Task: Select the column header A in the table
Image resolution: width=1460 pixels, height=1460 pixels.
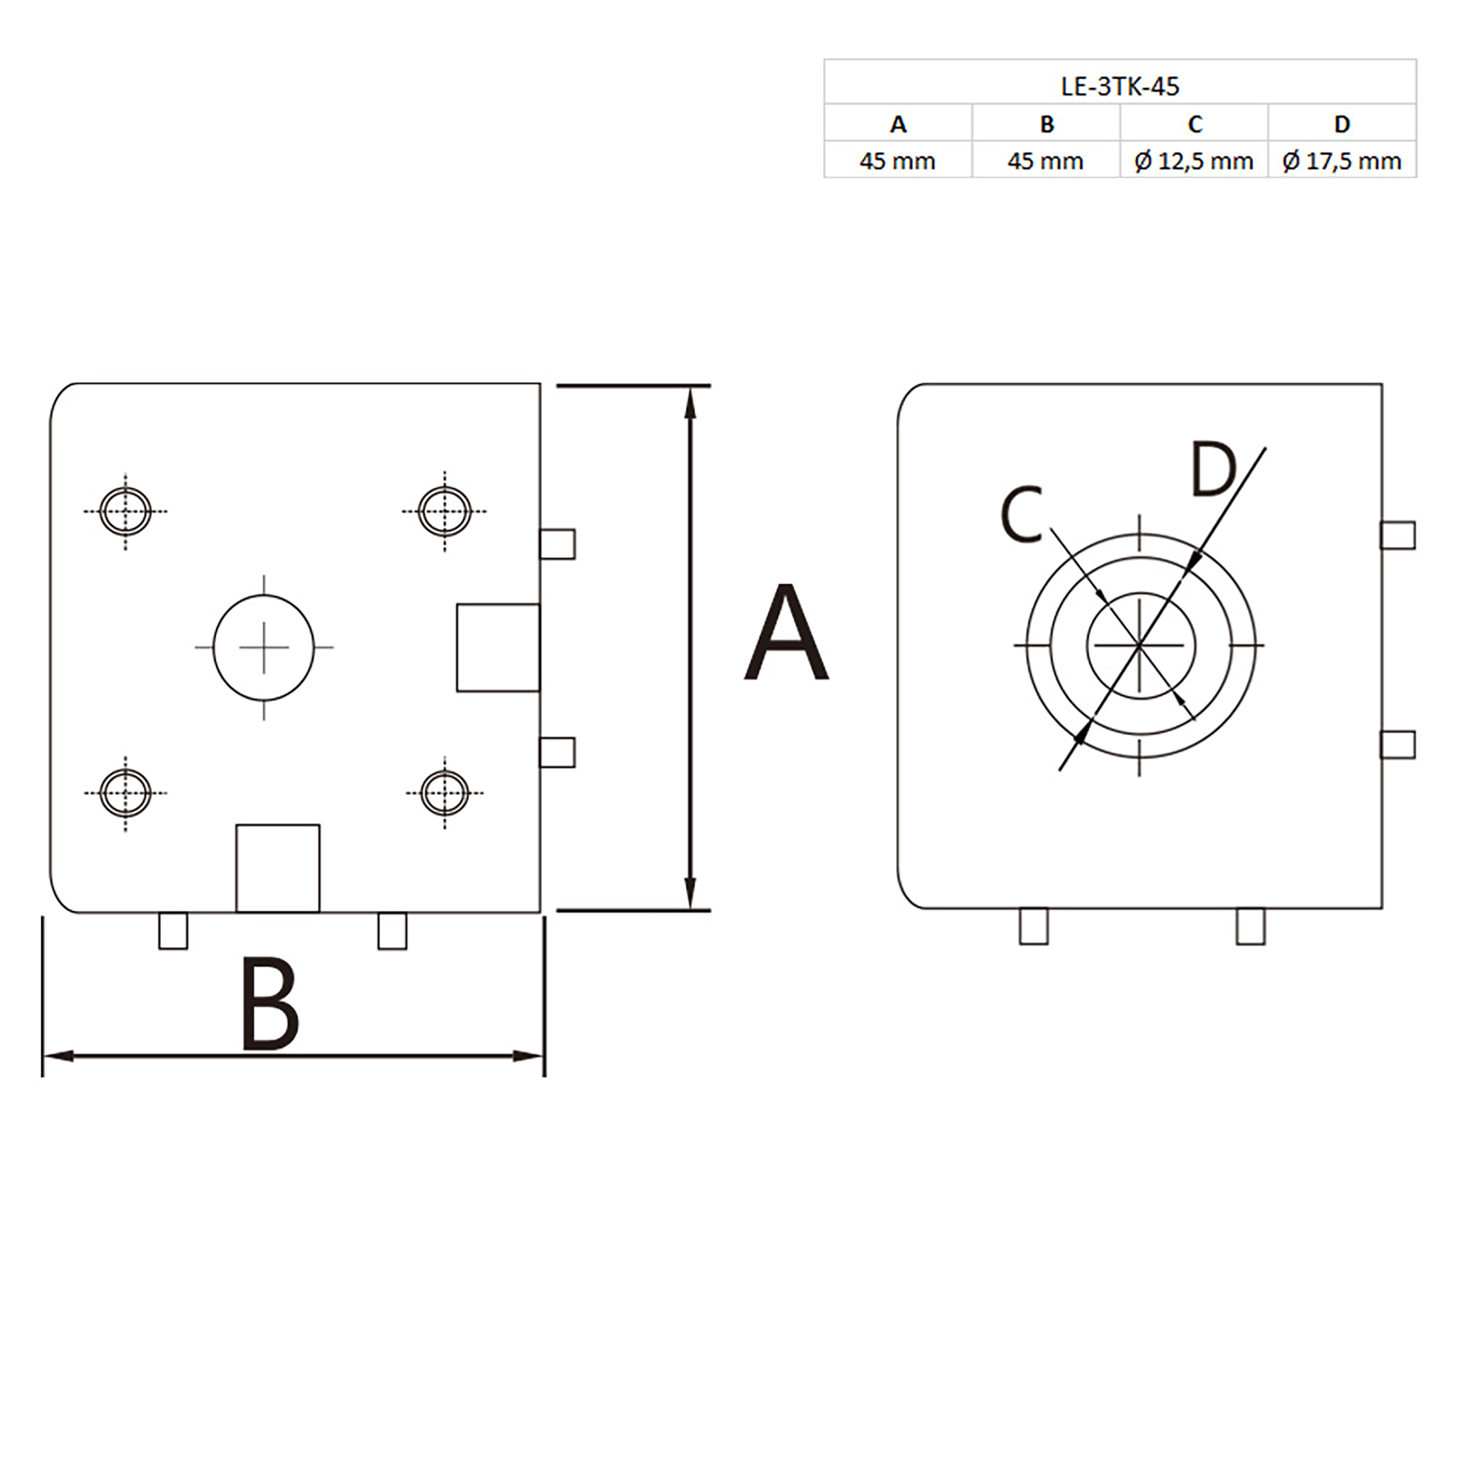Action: coord(898,124)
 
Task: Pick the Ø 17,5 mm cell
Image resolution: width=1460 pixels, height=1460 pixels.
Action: coord(1341,161)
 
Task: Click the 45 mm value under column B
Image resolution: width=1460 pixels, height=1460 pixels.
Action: coord(1045,161)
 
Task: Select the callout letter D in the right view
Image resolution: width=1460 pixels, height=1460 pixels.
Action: coord(1213,470)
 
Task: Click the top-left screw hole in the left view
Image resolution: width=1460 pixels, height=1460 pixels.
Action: coord(126,511)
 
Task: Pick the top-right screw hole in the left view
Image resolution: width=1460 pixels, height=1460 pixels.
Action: coord(444,511)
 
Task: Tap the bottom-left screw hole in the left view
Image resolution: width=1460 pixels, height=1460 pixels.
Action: coord(126,792)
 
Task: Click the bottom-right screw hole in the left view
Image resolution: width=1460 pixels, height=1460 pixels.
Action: coord(444,792)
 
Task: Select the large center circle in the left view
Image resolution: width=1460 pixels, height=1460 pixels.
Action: coord(264,647)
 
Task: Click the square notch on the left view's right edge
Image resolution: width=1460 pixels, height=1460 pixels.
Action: coord(498,648)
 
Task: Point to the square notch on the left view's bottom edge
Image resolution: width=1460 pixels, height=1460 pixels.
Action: coord(277,868)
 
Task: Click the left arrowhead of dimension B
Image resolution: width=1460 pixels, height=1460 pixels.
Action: coord(57,1056)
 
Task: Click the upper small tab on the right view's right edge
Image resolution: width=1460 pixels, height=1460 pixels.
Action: coord(1398,535)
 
